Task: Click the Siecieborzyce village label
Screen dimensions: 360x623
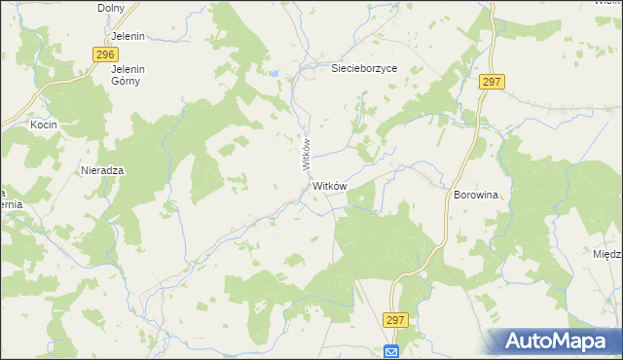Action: pyautogui.click(x=364, y=69)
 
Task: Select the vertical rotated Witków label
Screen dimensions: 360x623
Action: pyautogui.click(x=306, y=155)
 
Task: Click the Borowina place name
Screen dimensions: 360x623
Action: pyautogui.click(x=476, y=195)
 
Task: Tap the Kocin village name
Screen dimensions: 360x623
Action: pyautogui.click(x=44, y=126)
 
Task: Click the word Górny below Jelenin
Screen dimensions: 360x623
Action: pyautogui.click(x=127, y=82)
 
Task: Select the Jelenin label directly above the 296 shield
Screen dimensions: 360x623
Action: pyautogui.click(x=128, y=37)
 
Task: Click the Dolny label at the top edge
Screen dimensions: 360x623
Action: pyautogui.click(x=113, y=8)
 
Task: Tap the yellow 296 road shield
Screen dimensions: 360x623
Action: pyautogui.click(x=107, y=54)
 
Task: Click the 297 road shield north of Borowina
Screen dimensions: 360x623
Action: pyautogui.click(x=491, y=83)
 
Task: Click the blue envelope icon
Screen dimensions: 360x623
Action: pyautogui.click(x=391, y=351)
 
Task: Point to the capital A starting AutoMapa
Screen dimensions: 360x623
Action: pyautogui.click(x=517, y=342)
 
